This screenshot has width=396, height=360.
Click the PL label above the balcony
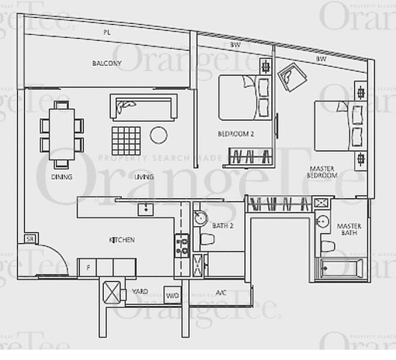pos(107,31)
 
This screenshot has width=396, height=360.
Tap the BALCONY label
pos(107,63)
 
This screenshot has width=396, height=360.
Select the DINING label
pos(62,177)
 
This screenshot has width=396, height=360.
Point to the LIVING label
pos(144,177)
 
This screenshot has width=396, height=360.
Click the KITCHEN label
pos(122,240)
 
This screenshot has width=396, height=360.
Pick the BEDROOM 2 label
pos(235,134)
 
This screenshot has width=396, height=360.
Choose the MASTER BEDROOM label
pos(323,172)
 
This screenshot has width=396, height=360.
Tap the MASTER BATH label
pos(349,230)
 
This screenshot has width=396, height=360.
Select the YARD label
pos(140,292)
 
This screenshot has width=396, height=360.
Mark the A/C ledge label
pos(221,293)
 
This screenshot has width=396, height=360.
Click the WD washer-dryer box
pos(173,295)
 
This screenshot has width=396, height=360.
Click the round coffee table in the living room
pos(158,135)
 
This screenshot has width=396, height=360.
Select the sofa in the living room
pos(143,107)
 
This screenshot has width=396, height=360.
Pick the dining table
pos(62,134)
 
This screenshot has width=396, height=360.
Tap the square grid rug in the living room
pos(126,140)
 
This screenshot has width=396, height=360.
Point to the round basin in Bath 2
pos(200,218)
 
